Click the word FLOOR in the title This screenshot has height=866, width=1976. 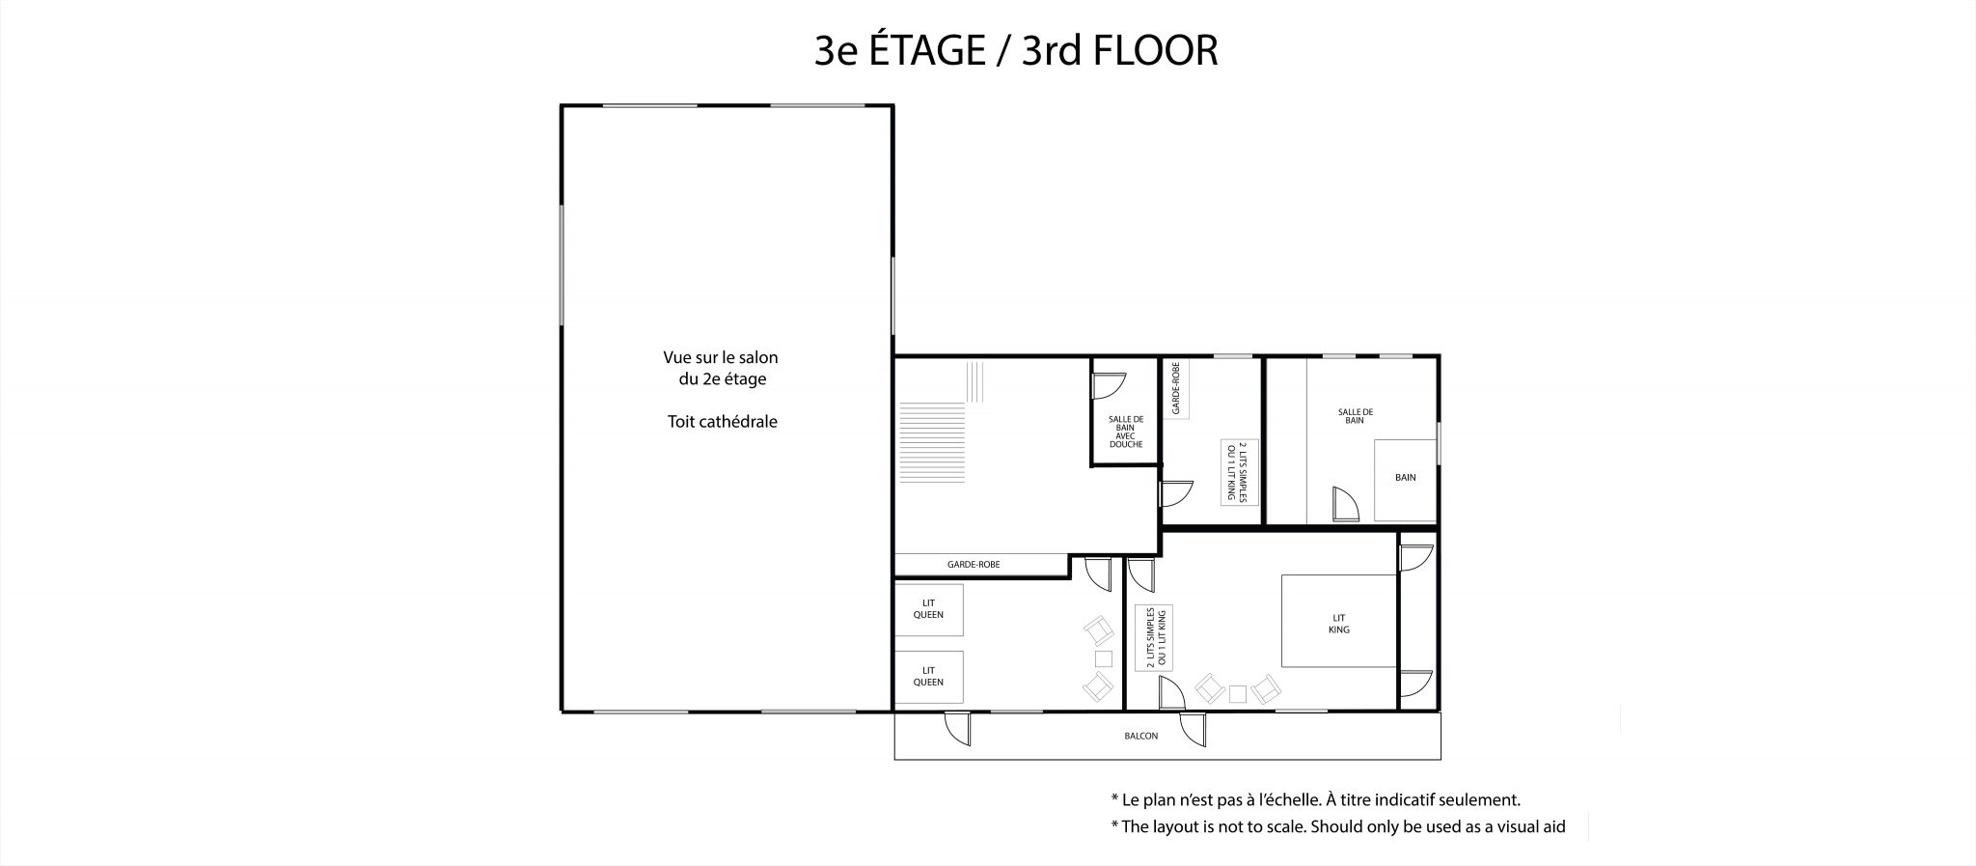[x=1155, y=50]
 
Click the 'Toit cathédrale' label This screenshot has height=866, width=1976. [x=722, y=422]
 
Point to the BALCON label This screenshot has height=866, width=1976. [x=1140, y=736]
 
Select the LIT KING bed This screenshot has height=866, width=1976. [x=1339, y=621]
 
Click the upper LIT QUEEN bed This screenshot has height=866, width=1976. [x=929, y=609]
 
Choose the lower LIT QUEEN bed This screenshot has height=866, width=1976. [x=929, y=677]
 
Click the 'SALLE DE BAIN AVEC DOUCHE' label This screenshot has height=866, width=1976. [x=1126, y=432]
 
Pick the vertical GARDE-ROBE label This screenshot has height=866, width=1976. [x=1175, y=388]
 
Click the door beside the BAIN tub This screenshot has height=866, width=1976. [x=1343, y=505]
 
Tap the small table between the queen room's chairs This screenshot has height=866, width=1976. [x=1104, y=658]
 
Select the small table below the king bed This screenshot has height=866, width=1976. [x=1238, y=692]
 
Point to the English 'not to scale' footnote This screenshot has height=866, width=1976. [x=1337, y=826]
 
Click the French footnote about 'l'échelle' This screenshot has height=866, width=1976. [x=1315, y=799]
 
